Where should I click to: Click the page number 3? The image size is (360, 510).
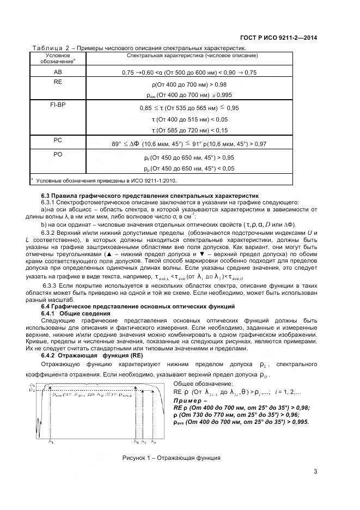point(315,472)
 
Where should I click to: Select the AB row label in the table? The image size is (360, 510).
point(58,72)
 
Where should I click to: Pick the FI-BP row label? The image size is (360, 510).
point(58,104)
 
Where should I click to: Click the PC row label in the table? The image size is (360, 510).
point(58,139)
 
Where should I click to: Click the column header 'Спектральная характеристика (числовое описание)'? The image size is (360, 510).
point(192,56)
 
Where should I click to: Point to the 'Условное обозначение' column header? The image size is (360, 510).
point(58,59)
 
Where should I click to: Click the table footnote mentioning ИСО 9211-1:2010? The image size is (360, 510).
point(106,179)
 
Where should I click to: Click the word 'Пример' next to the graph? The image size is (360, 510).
point(187,399)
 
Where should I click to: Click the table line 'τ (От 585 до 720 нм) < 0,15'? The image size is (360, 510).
point(192,130)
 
